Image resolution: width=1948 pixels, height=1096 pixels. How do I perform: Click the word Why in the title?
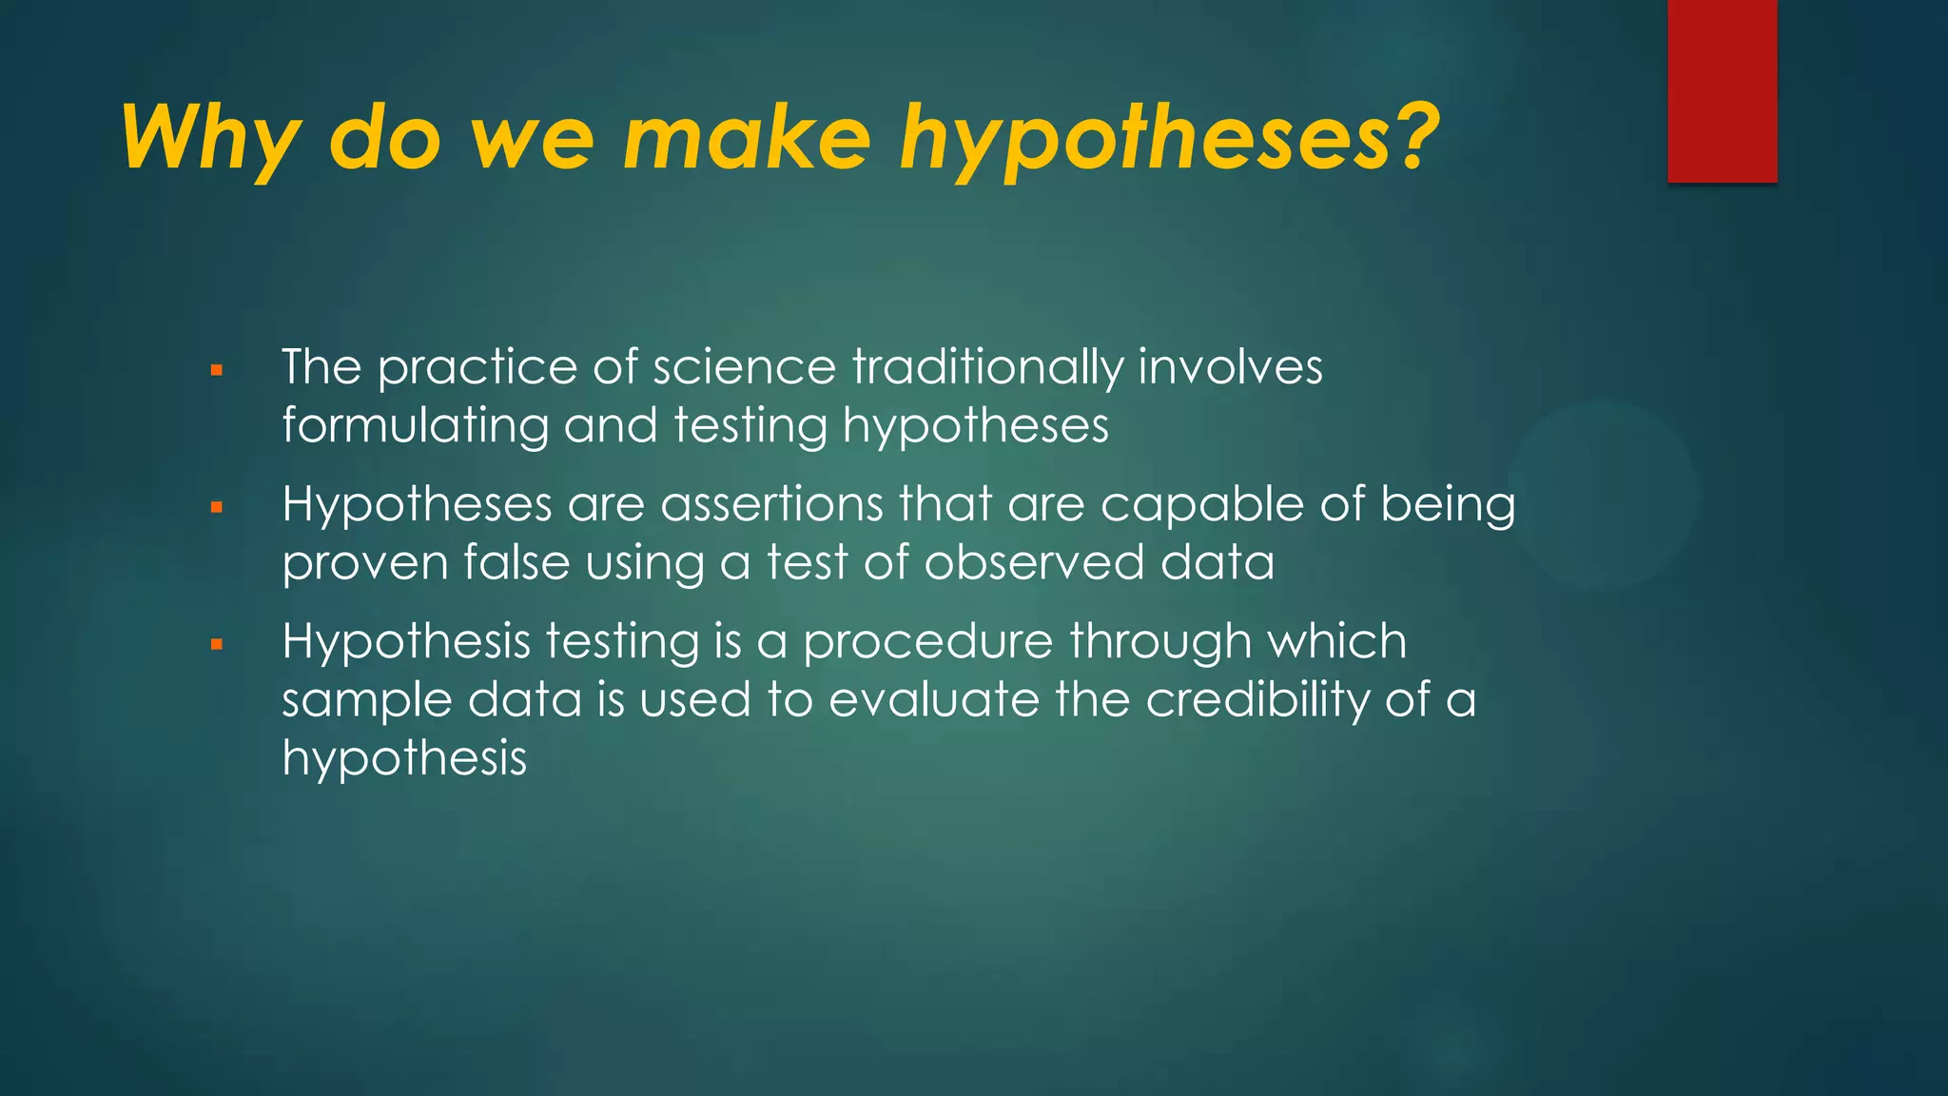click(211, 138)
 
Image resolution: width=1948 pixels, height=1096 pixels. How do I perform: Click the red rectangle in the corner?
click(1722, 91)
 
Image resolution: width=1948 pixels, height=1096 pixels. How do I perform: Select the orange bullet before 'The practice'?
click(217, 370)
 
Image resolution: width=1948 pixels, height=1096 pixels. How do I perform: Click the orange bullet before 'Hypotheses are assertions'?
click(217, 507)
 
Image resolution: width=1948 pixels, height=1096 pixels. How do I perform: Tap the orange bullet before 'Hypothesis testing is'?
click(217, 644)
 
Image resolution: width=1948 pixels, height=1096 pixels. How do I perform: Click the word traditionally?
click(987, 367)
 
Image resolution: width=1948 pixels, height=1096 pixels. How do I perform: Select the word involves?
click(1230, 367)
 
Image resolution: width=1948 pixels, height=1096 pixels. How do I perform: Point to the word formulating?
click(415, 425)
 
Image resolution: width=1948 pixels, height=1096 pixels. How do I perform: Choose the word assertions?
click(772, 504)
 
